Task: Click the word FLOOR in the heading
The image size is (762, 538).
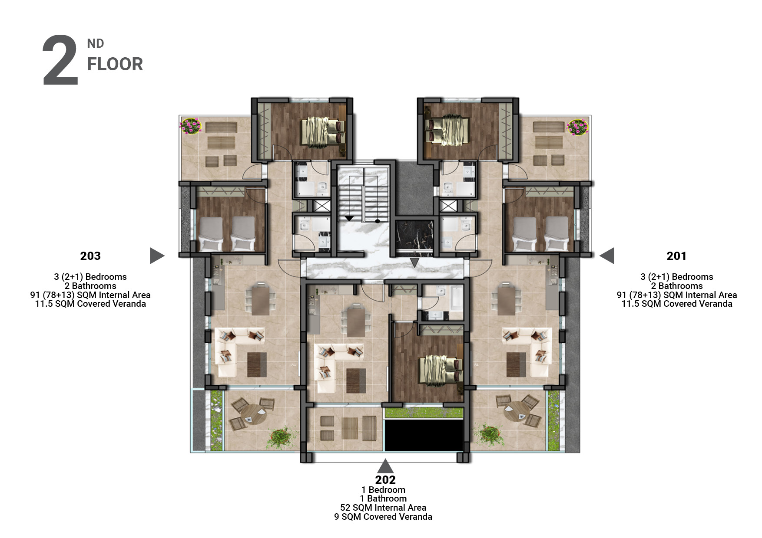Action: click(115, 64)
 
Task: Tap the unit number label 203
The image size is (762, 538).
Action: click(90, 256)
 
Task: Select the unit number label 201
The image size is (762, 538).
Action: click(676, 256)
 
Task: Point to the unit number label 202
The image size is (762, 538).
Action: click(385, 479)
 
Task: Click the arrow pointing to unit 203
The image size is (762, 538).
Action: click(157, 256)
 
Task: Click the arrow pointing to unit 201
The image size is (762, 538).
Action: click(607, 256)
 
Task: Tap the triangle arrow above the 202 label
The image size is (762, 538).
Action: click(385, 466)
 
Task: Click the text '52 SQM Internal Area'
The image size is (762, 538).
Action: click(383, 508)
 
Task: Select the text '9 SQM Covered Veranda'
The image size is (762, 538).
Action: click(383, 517)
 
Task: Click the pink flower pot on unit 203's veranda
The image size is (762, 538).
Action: click(191, 126)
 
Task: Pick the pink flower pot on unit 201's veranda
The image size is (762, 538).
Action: click(577, 127)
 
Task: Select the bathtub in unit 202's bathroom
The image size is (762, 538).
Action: click(456, 298)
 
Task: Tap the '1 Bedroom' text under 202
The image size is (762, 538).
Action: click(383, 490)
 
